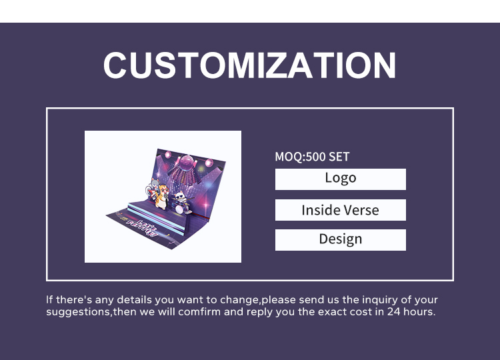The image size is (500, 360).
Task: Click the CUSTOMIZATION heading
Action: pos(249,65)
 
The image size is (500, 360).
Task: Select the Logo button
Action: pos(341,179)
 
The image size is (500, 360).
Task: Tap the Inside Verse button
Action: pos(341,210)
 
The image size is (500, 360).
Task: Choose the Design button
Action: pos(341,239)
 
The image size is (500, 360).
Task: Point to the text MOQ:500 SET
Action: pos(312,157)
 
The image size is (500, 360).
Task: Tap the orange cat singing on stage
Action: pos(161,195)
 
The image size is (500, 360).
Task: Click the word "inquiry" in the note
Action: pos(371,300)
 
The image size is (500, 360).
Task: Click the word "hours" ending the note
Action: pos(419,311)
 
